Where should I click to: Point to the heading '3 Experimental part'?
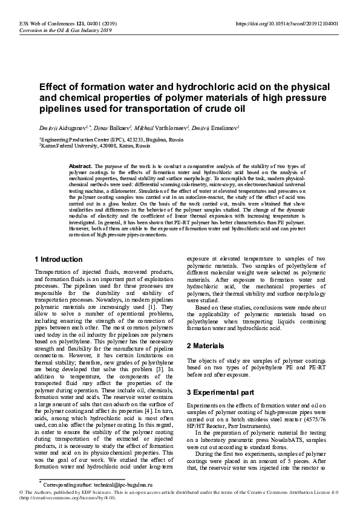point(222,393)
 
